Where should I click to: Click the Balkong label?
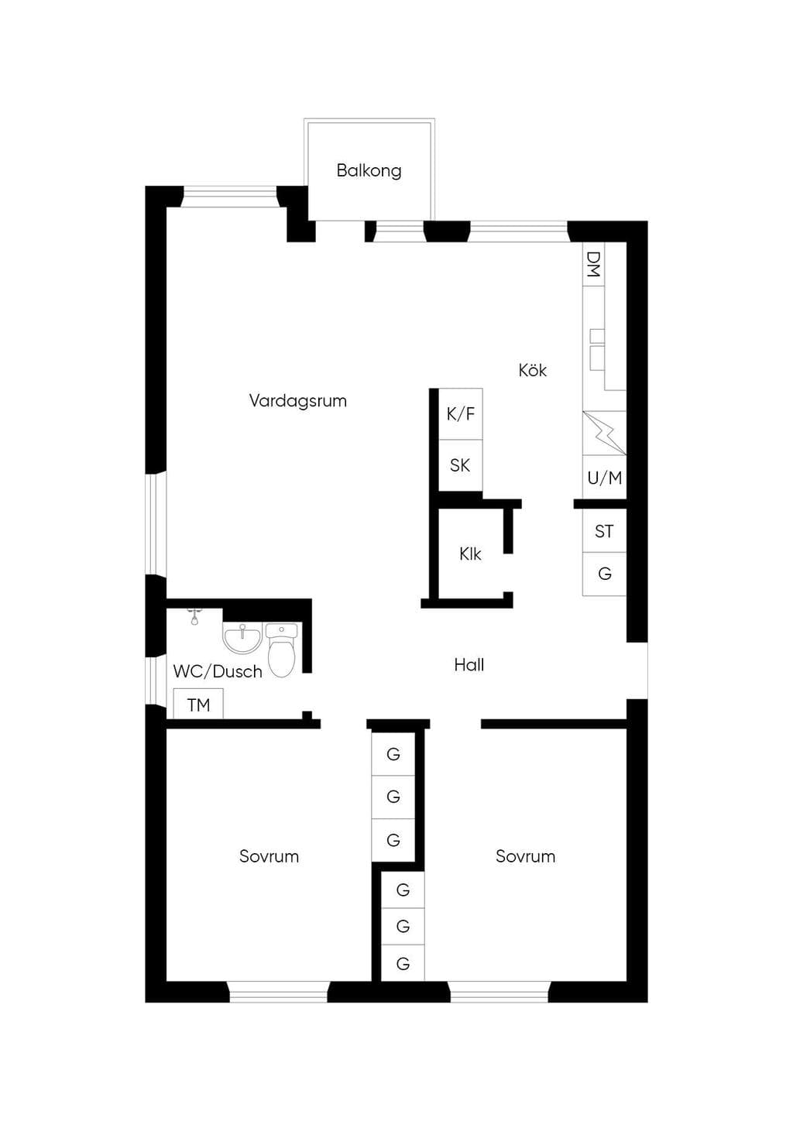pyautogui.click(x=369, y=170)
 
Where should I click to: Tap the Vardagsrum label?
pyautogui.click(x=298, y=401)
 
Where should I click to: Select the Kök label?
pyautogui.click(x=533, y=370)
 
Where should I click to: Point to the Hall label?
pyautogui.click(x=469, y=664)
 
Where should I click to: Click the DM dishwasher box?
pyautogui.click(x=594, y=264)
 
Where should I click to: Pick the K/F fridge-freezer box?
pyautogui.click(x=461, y=414)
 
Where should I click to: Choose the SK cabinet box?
pyautogui.click(x=461, y=465)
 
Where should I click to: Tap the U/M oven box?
pyautogui.click(x=604, y=478)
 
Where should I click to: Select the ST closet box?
pyautogui.click(x=604, y=530)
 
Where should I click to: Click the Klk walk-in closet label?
pyautogui.click(x=470, y=554)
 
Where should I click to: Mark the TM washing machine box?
pyautogui.click(x=198, y=704)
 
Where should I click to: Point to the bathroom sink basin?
pyautogui.click(x=242, y=639)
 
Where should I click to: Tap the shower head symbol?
pyautogui.click(x=194, y=617)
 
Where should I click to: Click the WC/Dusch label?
pyautogui.click(x=218, y=671)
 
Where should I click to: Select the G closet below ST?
pyautogui.click(x=604, y=574)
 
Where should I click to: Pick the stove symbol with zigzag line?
pyautogui.click(x=604, y=433)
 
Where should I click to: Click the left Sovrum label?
pyautogui.click(x=269, y=856)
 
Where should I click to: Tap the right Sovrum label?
pyautogui.click(x=526, y=856)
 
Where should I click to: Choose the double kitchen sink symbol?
pyautogui.click(x=597, y=349)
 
